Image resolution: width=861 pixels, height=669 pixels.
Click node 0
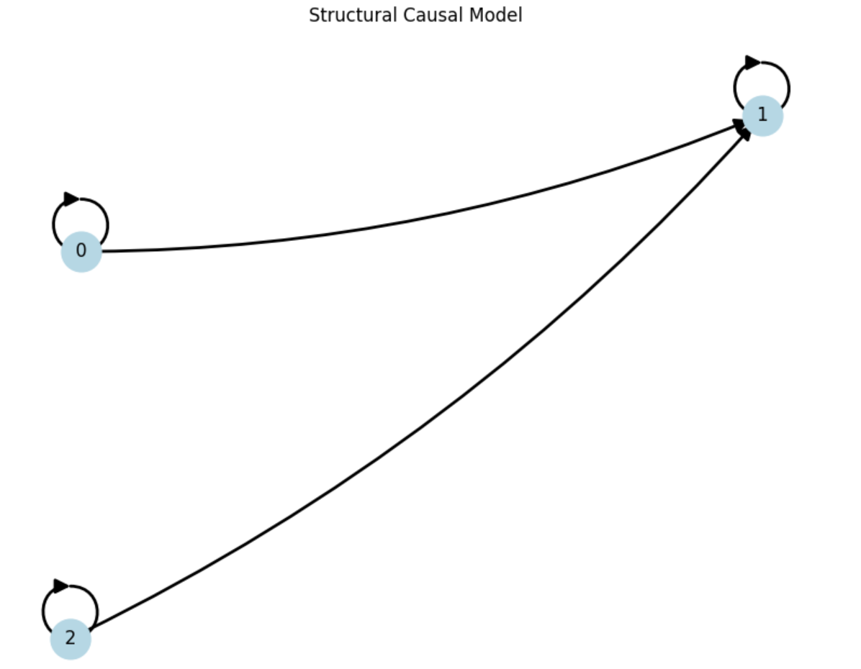pyautogui.click(x=81, y=251)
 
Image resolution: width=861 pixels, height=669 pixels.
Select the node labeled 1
pyautogui.click(x=762, y=115)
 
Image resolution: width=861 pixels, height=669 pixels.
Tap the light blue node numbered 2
pyautogui.click(x=70, y=639)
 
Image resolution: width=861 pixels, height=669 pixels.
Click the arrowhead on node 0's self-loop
pyautogui.click(x=71, y=199)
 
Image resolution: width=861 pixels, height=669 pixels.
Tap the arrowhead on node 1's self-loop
pyautogui.click(x=752, y=63)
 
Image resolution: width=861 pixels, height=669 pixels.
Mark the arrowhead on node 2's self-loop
pyautogui.click(x=61, y=586)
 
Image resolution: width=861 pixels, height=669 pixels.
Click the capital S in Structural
pyautogui.click(x=313, y=15)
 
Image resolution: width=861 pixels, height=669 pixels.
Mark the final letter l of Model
pyautogui.click(x=520, y=15)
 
